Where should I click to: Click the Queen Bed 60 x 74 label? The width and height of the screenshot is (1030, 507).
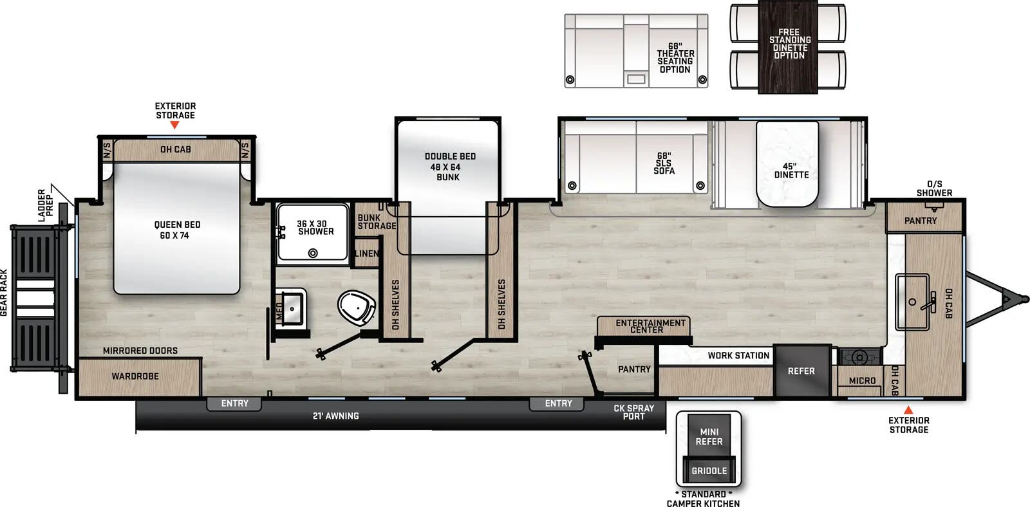(177, 230)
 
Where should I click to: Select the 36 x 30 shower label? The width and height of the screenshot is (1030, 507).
(315, 228)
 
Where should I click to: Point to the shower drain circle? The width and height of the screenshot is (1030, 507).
(313, 253)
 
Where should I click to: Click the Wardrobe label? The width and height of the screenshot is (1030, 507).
(135, 376)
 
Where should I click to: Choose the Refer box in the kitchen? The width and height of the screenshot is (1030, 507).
(801, 371)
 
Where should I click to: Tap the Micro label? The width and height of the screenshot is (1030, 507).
(862, 380)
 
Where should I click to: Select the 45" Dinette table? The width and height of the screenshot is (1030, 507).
(788, 164)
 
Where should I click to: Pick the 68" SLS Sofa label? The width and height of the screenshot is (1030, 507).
(664, 163)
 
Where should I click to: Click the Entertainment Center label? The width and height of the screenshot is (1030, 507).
(650, 326)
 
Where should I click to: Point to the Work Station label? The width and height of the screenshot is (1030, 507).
(738, 355)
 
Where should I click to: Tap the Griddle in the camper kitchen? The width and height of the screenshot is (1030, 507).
(709, 470)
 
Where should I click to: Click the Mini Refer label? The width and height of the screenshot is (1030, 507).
(709, 437)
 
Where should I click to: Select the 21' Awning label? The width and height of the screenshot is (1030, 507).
(335, 416)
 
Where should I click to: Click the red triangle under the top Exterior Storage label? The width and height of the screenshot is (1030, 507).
(174, 125)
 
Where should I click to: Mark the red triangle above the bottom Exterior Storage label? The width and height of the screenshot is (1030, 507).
(908, 410)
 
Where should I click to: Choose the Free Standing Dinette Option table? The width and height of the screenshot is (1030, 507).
(789, 46)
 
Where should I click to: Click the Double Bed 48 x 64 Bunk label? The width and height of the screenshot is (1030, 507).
(449, 167)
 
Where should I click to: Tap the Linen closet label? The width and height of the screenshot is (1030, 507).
(367, 253)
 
